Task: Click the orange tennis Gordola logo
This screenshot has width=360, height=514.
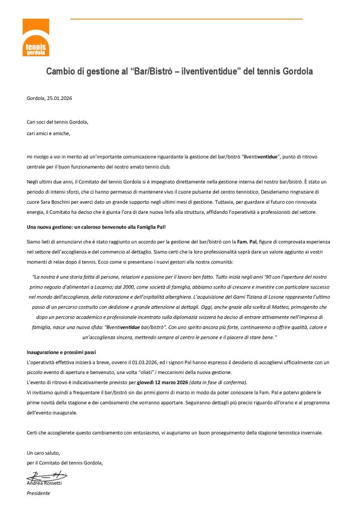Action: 36,37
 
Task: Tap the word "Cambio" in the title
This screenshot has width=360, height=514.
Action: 62,72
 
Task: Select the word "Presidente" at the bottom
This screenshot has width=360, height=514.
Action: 38,493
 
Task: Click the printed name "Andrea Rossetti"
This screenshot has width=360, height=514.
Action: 45,483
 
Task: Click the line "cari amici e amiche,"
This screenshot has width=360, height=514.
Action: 49,133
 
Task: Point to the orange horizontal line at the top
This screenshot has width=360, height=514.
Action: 186,19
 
